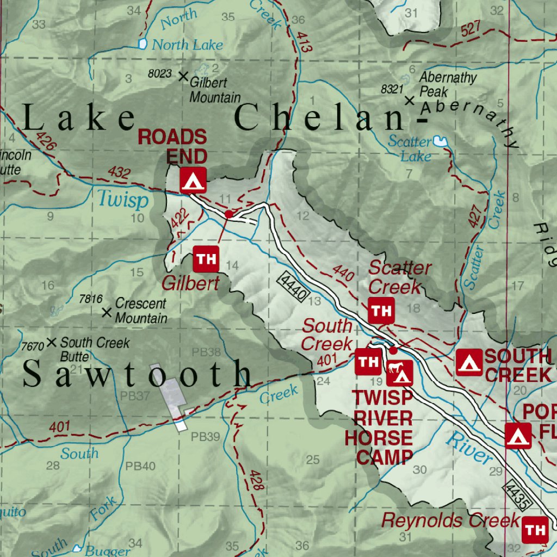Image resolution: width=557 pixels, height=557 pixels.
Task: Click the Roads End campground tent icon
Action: (193, 180)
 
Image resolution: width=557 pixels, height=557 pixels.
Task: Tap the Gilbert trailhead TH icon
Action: (206, 259)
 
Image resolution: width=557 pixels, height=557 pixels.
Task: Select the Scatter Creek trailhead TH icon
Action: (381, 311)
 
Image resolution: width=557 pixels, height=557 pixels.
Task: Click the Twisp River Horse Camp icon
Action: (400, 373)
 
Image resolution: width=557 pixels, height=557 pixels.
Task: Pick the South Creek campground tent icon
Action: (469, 362)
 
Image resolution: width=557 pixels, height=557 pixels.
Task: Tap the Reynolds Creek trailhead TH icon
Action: (535, 529)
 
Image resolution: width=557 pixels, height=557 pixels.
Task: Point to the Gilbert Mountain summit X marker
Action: (183, 76)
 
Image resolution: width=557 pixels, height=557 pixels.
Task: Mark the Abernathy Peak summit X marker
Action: (410, 100)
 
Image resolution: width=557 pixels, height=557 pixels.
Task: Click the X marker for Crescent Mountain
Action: (107, 312)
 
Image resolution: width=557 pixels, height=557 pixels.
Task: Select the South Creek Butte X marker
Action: (52, 342)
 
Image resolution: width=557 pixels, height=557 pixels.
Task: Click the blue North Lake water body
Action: (143, 44)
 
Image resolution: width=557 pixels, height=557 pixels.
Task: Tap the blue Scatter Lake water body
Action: (440, 142)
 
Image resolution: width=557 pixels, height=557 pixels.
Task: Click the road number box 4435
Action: (518, 494)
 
